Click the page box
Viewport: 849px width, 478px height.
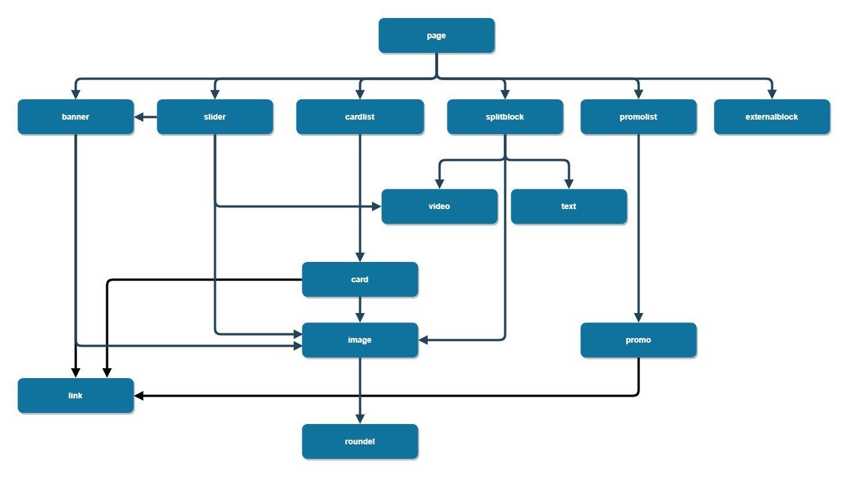[x=436, y=35]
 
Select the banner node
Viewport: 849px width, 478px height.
[x=75, y=117]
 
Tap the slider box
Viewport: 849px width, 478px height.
[x=215, y=117]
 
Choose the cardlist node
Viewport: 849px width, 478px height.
[x=360, y=117]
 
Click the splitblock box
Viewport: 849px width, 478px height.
[x=505, y=117]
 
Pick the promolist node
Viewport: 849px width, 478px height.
[x=638, y=117]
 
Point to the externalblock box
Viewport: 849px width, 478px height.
[x=772, y=117]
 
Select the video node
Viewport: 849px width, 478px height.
[x=439, y=206]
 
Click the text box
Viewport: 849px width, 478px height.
[x=569, y=206]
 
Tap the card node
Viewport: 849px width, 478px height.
[x=360, y=279]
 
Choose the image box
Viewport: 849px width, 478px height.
[x=360, y=340]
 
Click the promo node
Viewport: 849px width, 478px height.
[x=638, y=340]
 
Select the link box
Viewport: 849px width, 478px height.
[x=75, y=396]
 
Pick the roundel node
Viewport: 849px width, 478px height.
[x=360, y=441]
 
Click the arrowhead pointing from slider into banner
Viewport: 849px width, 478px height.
[x=139, y=117]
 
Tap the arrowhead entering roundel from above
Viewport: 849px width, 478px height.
[x=360, y=419]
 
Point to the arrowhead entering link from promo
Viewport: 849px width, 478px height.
[x=139, y=396]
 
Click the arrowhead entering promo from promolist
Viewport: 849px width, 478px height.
[x=638, y=317]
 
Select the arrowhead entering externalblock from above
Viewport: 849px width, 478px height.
[x=772, y=94]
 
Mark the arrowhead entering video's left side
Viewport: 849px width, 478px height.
[x=377, y=206]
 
